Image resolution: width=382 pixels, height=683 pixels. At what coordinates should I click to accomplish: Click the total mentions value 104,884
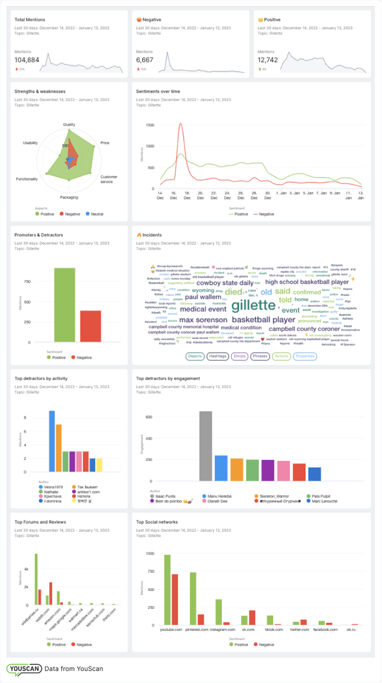pyautogui.click(x=27, y=60)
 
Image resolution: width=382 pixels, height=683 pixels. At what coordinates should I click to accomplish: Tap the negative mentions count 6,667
pyautogui.click(x=145, y=60)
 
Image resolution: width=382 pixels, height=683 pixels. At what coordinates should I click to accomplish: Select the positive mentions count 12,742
pyautogui.click(x=268, y=60)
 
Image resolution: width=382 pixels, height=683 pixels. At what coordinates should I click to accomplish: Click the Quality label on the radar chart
pyautogui.click(x=69, y=124)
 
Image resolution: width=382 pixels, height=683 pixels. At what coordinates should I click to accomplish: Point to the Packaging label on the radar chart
pyautogui.click(x=69, y=197)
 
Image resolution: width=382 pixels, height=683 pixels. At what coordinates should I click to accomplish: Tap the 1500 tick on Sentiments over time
pyautogui.click(x=150, y=125)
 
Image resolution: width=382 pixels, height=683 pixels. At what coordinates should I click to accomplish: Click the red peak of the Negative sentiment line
pyautogui.click(x=180, y=124)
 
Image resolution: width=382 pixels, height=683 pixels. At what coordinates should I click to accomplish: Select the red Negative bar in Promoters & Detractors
pyautogui.click(x=90, y=326)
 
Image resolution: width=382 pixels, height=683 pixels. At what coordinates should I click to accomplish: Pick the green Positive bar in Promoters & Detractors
pyautogui.click(x=64, y=305)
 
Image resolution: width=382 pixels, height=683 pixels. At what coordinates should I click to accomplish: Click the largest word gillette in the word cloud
pyautogui.click(x=253, y=305)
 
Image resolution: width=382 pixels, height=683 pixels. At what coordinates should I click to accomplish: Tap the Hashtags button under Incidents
pyautogui.click(x=218, y=356)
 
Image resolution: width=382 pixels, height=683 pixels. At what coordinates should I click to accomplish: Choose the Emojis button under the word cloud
pyautogui.click(x=240, y=356)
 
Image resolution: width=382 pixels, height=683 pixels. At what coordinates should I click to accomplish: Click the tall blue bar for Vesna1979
pyautogui.click(x=52, y=441)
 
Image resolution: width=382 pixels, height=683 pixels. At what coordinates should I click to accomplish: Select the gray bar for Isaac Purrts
pyautogui.click(x=206, y=446)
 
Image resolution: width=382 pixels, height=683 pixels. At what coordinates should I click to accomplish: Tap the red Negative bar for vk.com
pyautogui.click(x=252, y=617)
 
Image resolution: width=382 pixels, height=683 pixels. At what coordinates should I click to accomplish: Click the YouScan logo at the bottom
pyautogui.click(x=24, y=669)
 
